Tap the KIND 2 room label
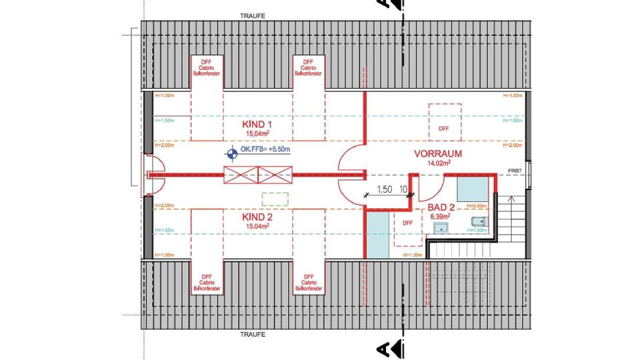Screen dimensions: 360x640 tap(257, 217)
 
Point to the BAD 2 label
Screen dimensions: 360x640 tap(441, 207)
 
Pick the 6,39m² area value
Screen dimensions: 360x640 tap(440, 217)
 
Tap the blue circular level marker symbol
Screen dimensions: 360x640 tap(231, 155)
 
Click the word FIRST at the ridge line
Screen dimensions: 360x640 tap(515, 171)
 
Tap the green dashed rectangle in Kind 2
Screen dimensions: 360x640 tap(275, 199)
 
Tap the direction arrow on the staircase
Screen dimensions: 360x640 tap(512, 199)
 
